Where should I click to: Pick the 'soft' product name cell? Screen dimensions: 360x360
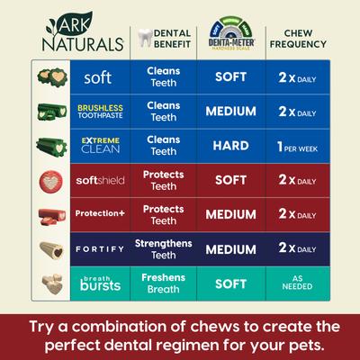point(97,77)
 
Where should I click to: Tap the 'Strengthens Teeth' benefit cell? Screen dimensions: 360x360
point(165,248)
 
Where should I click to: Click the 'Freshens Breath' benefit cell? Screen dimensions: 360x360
point(165,283)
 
